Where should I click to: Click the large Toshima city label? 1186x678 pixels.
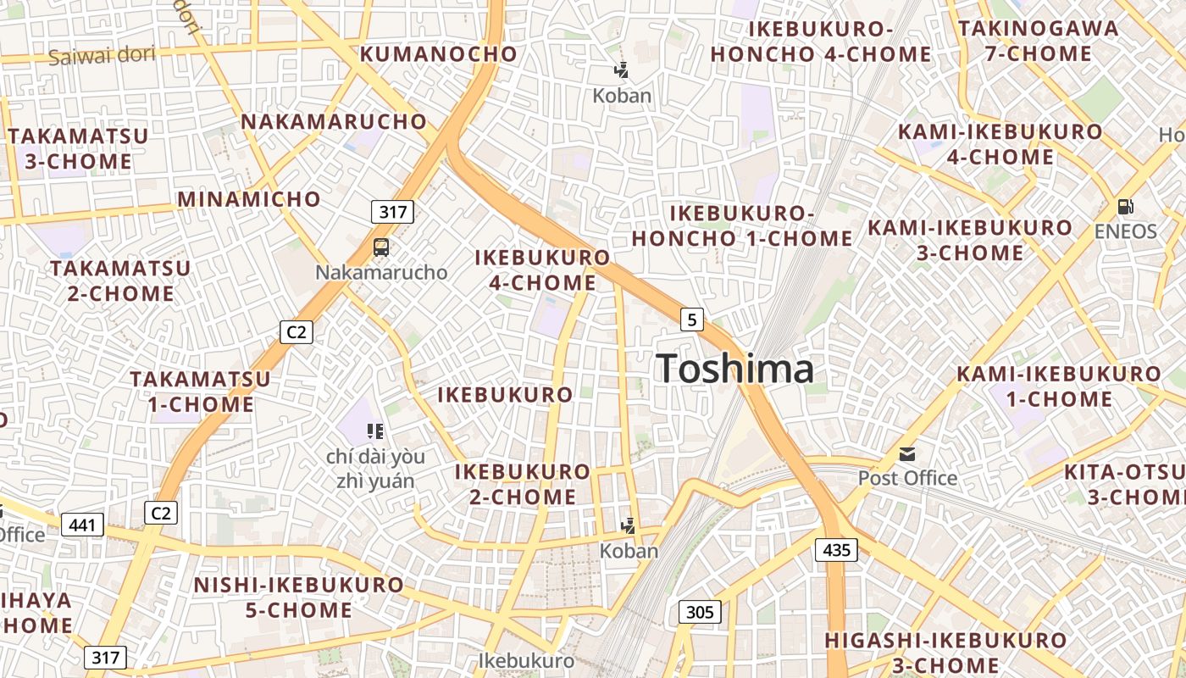735,369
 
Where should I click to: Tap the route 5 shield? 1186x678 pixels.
692,320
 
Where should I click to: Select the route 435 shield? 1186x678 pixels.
836,550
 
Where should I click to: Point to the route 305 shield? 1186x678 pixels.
700,612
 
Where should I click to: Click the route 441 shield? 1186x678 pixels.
82,525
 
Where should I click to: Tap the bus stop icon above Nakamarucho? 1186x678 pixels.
381,247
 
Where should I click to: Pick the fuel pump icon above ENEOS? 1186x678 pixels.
1125,206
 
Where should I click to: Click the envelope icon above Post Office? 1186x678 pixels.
907,454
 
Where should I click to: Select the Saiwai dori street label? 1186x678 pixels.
102,56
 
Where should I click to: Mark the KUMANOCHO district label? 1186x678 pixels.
439,54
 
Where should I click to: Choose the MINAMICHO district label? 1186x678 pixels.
249,200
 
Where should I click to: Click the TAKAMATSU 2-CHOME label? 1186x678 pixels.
120,281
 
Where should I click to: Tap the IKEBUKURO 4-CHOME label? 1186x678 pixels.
542,270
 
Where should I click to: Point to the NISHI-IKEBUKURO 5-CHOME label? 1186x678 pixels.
299,597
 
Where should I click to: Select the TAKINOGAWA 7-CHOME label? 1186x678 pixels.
1038,41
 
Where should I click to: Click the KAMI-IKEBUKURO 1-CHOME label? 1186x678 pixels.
1059,386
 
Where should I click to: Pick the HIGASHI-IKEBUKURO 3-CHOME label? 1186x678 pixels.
945,653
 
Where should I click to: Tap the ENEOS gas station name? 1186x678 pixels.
1125,231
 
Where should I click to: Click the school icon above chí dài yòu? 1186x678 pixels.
375,431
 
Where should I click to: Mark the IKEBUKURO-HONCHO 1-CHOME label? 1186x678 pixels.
742,225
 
